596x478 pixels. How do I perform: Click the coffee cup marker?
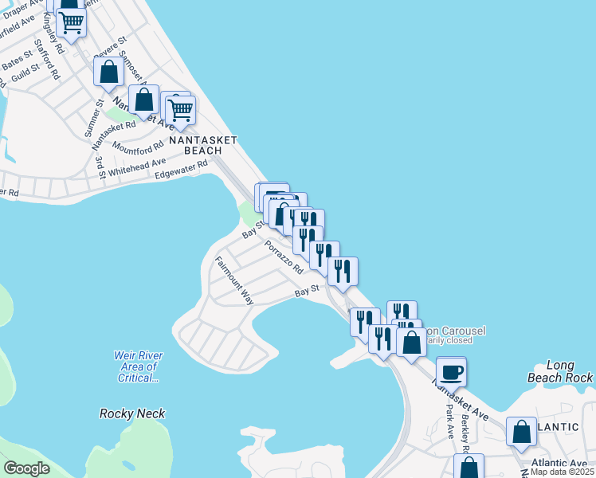[x=451, y=372]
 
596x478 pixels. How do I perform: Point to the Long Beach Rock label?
[x=560, y=371]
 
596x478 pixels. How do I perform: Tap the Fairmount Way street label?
[x=233, y=280]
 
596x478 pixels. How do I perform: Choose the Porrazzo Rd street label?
[x=284, y=257]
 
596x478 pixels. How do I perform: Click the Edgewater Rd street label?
[x=181, y=169]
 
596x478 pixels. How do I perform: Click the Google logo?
[x=26, y=468]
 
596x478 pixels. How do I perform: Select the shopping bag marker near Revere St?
[x=108, y=72]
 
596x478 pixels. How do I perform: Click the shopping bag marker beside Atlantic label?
[x=521, y=431]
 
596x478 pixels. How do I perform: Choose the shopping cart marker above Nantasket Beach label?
[x=181, y=109]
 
